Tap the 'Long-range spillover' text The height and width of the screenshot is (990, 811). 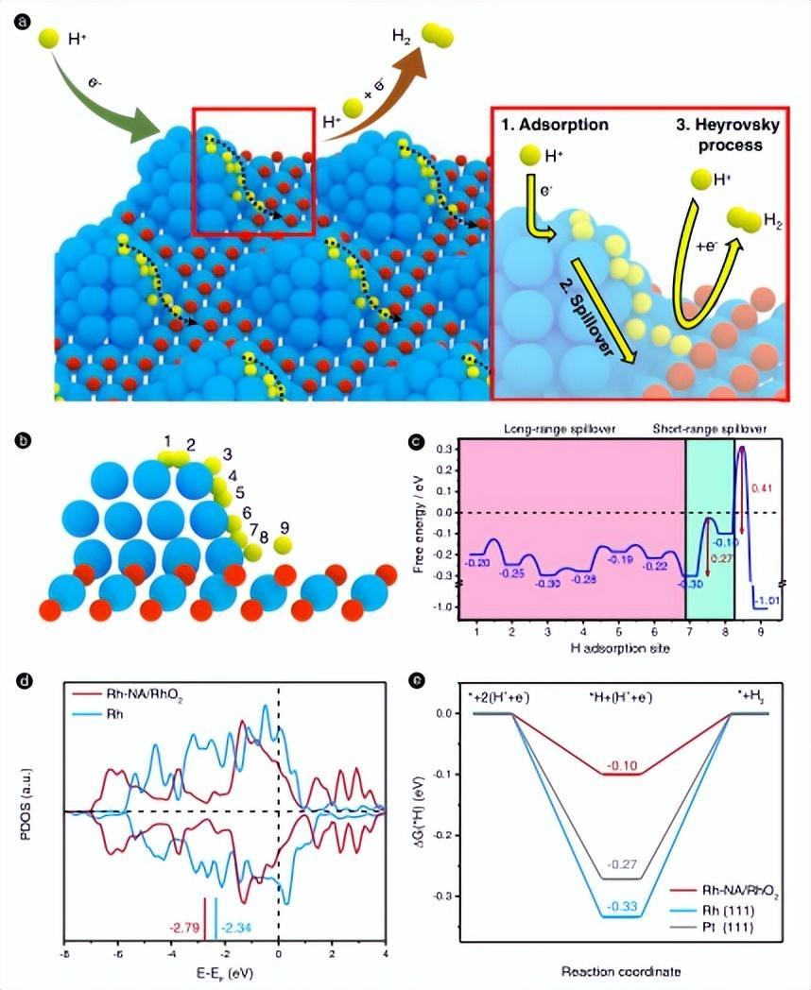click(x=561, y=429)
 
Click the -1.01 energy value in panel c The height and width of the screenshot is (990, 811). click(x=766, y=601)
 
